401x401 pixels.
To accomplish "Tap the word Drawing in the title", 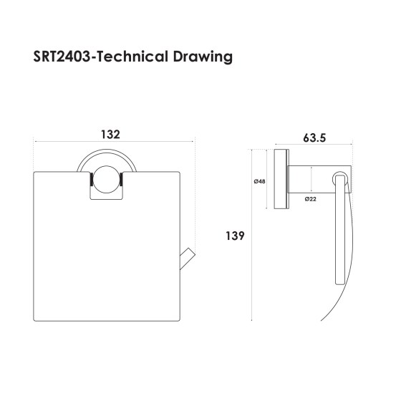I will pos(207,57).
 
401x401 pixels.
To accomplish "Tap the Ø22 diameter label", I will pos(311,198).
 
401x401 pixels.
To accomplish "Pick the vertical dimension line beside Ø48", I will pos(268,180).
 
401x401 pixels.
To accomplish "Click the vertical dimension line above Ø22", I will pos(312,179).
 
